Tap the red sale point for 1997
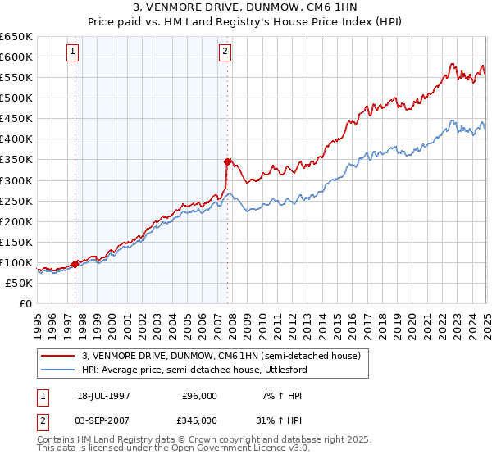pyautogui.click(x=75, y=264)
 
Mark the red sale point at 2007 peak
pyautogui.click(x=227, y=161)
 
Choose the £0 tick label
pyautogui.click(x=25, y=304)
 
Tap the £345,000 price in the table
pyautogui.click(x=198, y=420)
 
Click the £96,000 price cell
pyautogui.click(x=198, y=396)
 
